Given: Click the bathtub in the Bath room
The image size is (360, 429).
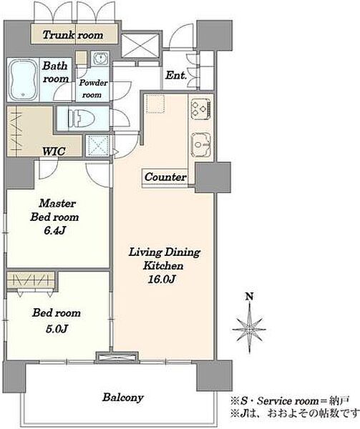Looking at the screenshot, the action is [x=23, y=79].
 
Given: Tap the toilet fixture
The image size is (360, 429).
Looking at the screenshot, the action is [x=81, y=119].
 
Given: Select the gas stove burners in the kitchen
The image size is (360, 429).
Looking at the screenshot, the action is [x=201, y=109].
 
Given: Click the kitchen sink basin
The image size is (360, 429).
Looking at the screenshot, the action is [x=201, y=144].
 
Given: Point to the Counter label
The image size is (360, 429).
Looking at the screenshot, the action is [x=165, y=177].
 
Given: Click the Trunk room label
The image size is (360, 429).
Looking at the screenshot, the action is [x=73, y=35].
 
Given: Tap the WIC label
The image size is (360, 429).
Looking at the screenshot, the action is [x=54, y=151].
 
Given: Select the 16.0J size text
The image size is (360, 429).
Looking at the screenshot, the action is [x=162, y=279].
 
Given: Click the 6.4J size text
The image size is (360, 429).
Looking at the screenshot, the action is [x=55, y=231].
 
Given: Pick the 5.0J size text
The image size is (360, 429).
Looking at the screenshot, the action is [x=57, y=329].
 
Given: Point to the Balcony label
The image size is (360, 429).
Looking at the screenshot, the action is [x=123, y=398].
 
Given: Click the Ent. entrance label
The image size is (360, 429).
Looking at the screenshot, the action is [x=176, y=75].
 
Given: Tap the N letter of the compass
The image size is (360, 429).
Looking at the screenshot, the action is [x=249, y=297].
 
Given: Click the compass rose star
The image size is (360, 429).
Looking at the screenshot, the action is [x=249, y=329].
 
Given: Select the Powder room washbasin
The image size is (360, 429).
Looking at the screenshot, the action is [x=100, y=59].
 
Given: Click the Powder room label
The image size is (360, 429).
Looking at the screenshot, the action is [x=93, y=89].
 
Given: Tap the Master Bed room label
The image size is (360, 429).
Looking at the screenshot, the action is [x=55, y=210].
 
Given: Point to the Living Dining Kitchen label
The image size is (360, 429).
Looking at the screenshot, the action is [x=165, y=259].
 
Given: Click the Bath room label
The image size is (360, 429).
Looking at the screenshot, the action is [x=55, y=72].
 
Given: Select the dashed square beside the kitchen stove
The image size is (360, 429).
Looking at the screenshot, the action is [x=155, y=104].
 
